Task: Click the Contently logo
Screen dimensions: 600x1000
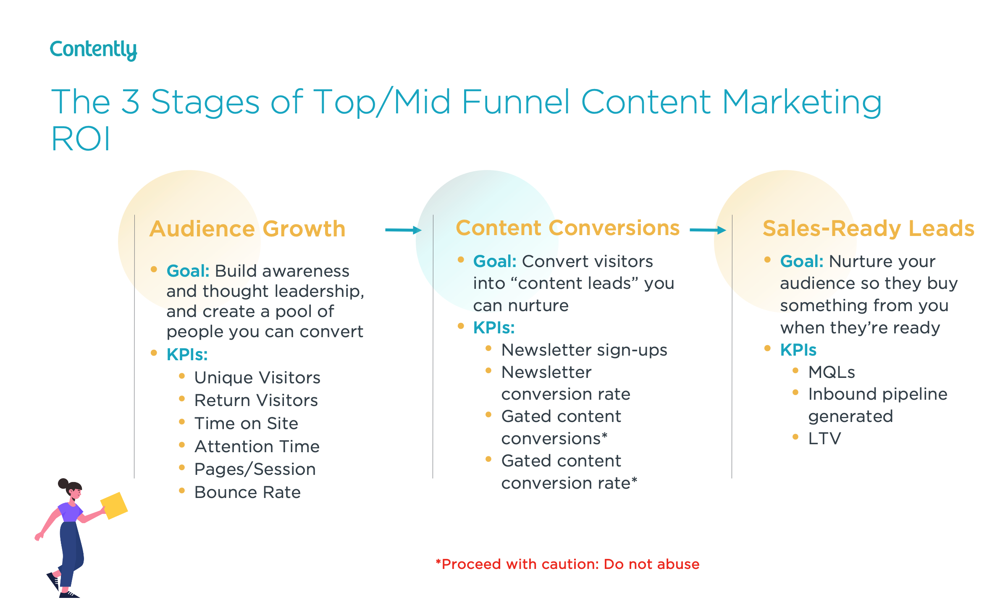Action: (93, 50)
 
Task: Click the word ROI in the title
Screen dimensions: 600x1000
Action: (81, 139)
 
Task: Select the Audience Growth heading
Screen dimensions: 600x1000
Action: (247, 229)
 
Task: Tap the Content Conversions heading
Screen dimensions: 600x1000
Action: (567, 228)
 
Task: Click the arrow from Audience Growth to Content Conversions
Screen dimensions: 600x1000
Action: (403, 230)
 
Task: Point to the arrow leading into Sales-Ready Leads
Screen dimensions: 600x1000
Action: (708, 230)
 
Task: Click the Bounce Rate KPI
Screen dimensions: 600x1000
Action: (247, 492)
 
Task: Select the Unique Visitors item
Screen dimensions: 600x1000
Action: (257, 377)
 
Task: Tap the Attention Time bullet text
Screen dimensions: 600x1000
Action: (257, 446)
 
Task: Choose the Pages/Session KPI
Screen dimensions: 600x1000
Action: (255, 469)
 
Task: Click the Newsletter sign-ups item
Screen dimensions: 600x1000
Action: (584, 350)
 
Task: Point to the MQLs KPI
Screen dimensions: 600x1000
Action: (831, 372)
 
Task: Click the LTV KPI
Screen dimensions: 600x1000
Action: (824, 438)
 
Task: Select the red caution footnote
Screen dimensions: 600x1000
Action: (567, 564)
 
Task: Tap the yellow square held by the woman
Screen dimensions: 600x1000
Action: (114, 505)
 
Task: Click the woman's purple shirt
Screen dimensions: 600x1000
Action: (70, 512)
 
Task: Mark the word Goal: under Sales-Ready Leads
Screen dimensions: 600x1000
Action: (801, 261)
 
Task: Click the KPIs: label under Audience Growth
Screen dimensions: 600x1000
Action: (187, 354)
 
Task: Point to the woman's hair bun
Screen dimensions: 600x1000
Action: (63, 483)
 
